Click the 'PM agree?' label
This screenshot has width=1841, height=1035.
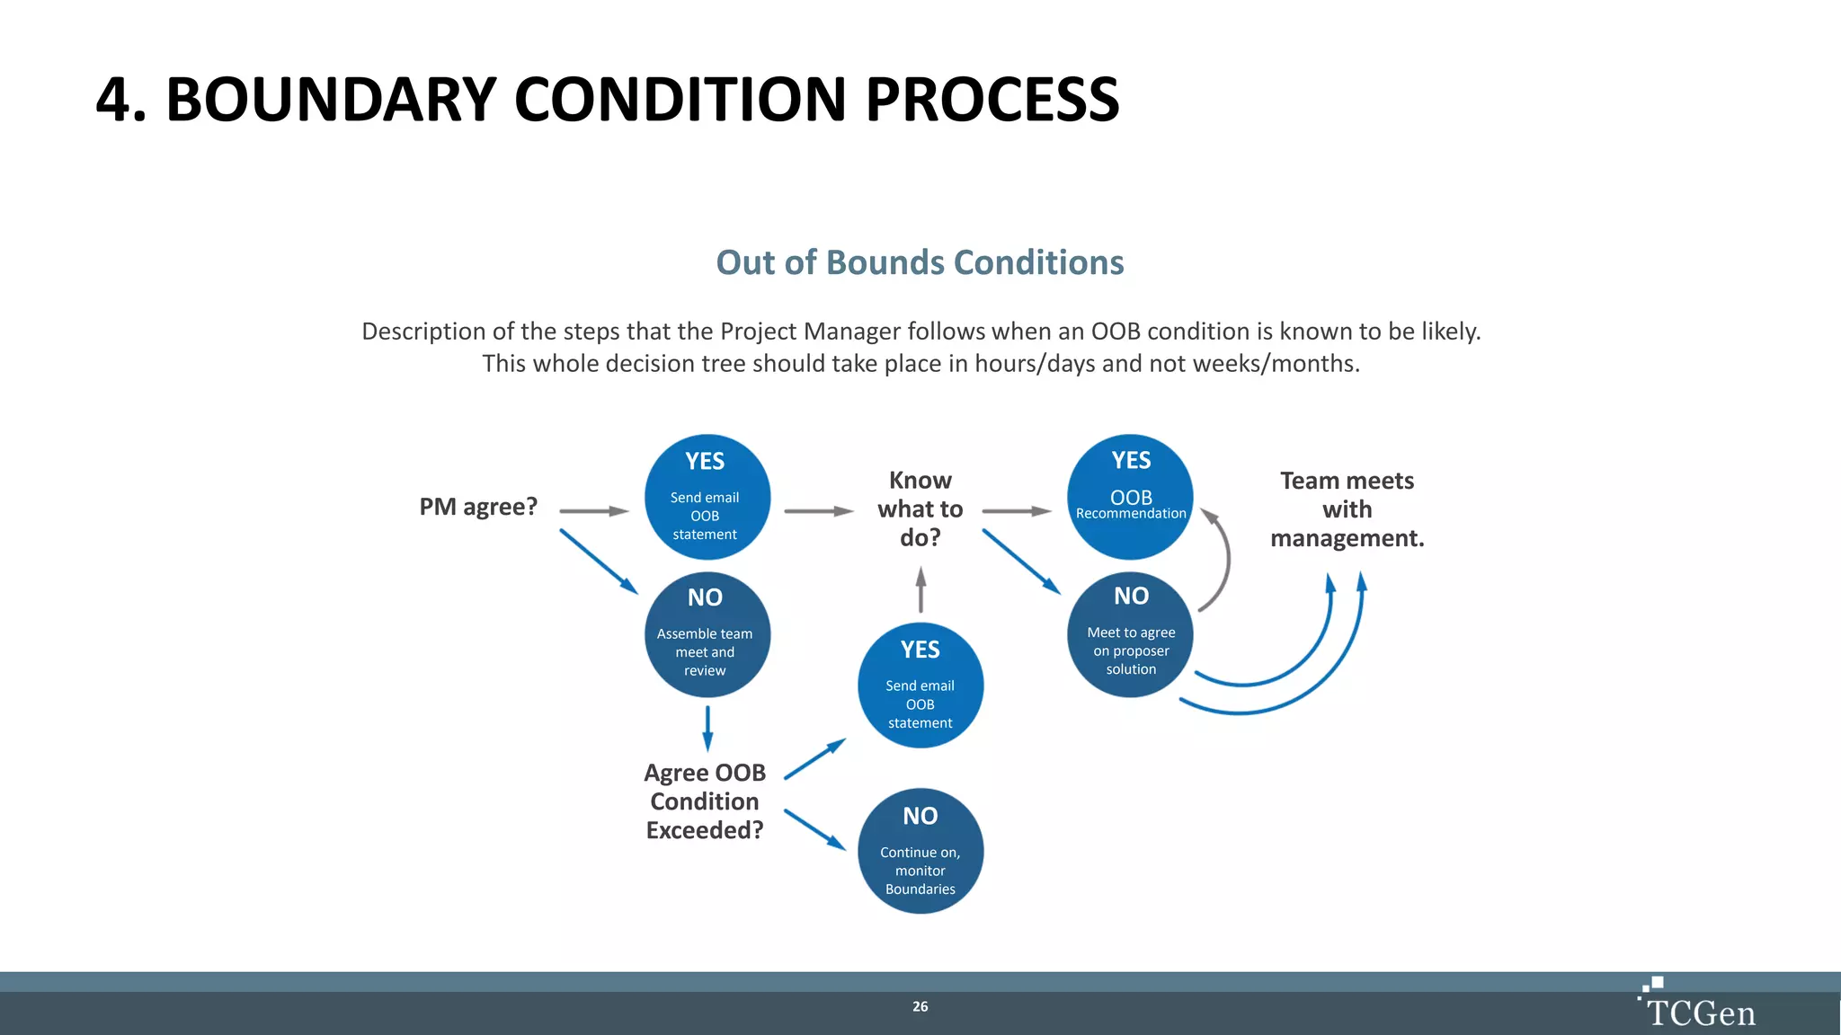pos(478,507)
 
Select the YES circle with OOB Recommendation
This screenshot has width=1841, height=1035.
pos(1130,497)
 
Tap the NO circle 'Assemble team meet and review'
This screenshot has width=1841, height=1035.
pos(707,634)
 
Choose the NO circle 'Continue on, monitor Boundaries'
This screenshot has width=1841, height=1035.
pos(920,851)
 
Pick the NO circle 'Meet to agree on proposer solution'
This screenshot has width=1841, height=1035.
pos(1130,634)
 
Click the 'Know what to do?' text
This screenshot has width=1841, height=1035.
pos(920,509)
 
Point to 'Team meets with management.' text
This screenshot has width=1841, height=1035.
pos(1347,509)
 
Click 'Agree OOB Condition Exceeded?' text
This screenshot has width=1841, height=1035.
pos(705,801)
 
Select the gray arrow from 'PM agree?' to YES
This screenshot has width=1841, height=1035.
pos(593,511)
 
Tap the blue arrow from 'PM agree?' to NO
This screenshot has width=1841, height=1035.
pos(598,562)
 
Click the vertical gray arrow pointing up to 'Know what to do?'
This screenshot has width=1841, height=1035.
pos(920,589)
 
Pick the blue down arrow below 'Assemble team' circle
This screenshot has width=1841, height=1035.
pos(707,728)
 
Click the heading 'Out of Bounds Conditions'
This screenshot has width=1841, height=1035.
pos(920,262)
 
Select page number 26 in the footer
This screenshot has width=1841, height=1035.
pos(920,1006)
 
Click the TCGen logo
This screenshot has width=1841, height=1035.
pos(1697,1004)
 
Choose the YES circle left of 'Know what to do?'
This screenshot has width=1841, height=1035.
pos(707,497)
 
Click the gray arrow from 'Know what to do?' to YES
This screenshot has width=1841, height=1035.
pos(1016,511)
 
